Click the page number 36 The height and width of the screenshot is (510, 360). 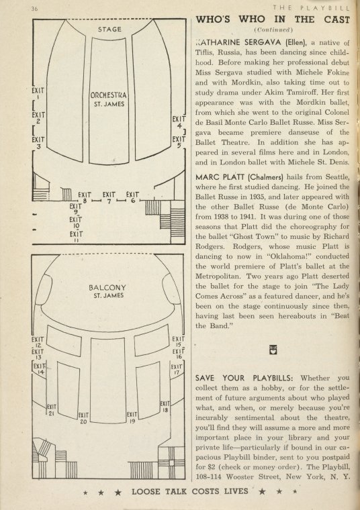(34, 9)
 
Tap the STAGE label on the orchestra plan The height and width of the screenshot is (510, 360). (109, 30)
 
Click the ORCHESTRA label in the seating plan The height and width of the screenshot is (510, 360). (108, 95)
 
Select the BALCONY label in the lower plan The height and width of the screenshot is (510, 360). (107, 287)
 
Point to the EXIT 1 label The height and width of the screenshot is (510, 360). (38, 93)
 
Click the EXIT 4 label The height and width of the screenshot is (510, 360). (179, 121)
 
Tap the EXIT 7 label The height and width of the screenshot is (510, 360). (109, 198)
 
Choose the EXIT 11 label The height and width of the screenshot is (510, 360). (76, 236)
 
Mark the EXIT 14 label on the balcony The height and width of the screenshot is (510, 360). (39, 368)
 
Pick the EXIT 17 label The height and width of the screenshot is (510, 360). (176, 370)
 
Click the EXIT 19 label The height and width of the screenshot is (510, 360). (132, 417)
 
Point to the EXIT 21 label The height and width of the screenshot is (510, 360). (52, 410)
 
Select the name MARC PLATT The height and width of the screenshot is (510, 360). (220, 177)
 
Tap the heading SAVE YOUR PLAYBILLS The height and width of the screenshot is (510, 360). (244, 378)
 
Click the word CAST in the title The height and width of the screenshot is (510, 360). (336, 19)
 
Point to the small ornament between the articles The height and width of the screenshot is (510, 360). (273, 350)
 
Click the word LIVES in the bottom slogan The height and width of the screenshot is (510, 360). (236, 491)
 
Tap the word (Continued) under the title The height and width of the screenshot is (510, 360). (273, 30)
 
